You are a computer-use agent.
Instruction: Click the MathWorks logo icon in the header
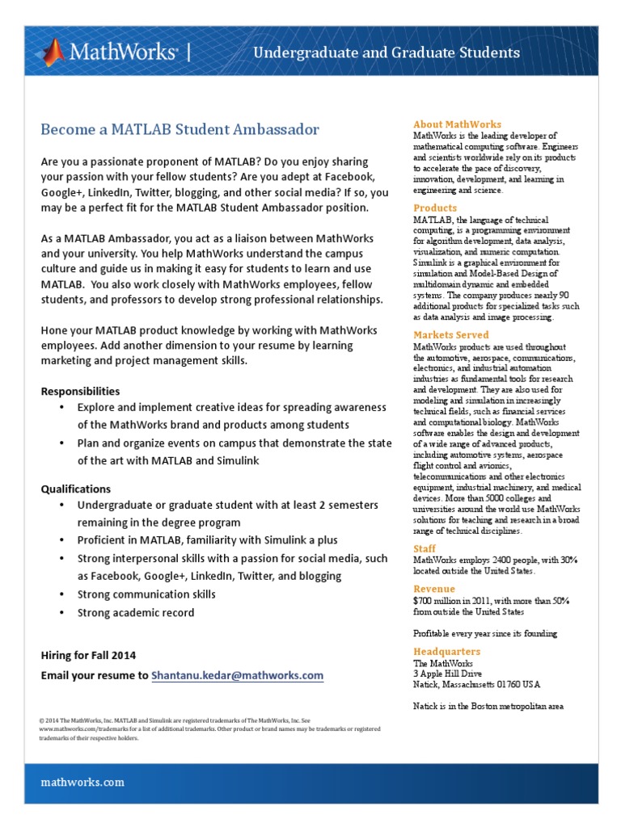pyautogui.click(x=54, y=52)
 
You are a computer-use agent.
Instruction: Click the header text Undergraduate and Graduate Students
pyautogui.click(x=387, y=53)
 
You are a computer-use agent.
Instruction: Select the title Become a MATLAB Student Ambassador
pyautogui.click(x=180, y=129)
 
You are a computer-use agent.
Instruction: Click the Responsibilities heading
pyautogui.click(x=80, y=391)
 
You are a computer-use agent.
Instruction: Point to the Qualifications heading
pyautogui.click(x=76, y=489)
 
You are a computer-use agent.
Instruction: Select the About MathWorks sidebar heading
pyautogui.click(x=457, y=124)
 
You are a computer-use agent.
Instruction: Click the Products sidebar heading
pyautogui.click(x=435, y=208)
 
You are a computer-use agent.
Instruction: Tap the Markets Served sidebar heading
pyautogui.click(x=450, y=335)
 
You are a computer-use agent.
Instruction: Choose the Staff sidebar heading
pyautogui.click(x=425, y=549)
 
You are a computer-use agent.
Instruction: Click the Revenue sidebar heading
pyautogui.click(x=434, y=589)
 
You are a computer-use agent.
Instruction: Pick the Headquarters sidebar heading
pyautogui.click(x=446, y=652)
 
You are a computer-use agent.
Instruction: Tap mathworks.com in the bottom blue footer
pyautogui.click(x=82, y=782)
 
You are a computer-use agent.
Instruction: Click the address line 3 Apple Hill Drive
pyautogui.click(x=447, y=674)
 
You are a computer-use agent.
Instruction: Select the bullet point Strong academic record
pyautogui.click(x=136, y=613)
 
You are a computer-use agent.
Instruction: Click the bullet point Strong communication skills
pyautogui.click(x=146, y=594)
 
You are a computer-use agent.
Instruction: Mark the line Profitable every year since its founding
pyautogui.click(x=485, y=633)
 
